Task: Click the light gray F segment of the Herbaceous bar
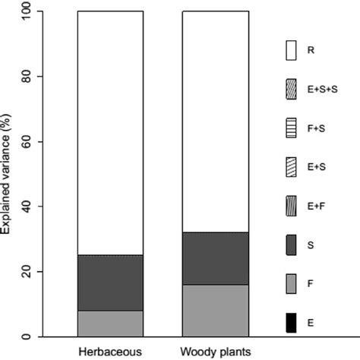(110, 323)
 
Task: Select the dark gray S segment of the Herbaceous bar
(110, 283)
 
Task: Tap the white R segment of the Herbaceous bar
(110, 133)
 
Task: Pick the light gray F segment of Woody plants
(215, 310)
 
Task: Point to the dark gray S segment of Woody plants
(215, 258)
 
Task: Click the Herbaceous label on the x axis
(110, 352)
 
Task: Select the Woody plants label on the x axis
(215, 352)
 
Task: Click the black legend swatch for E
(289, 323)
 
